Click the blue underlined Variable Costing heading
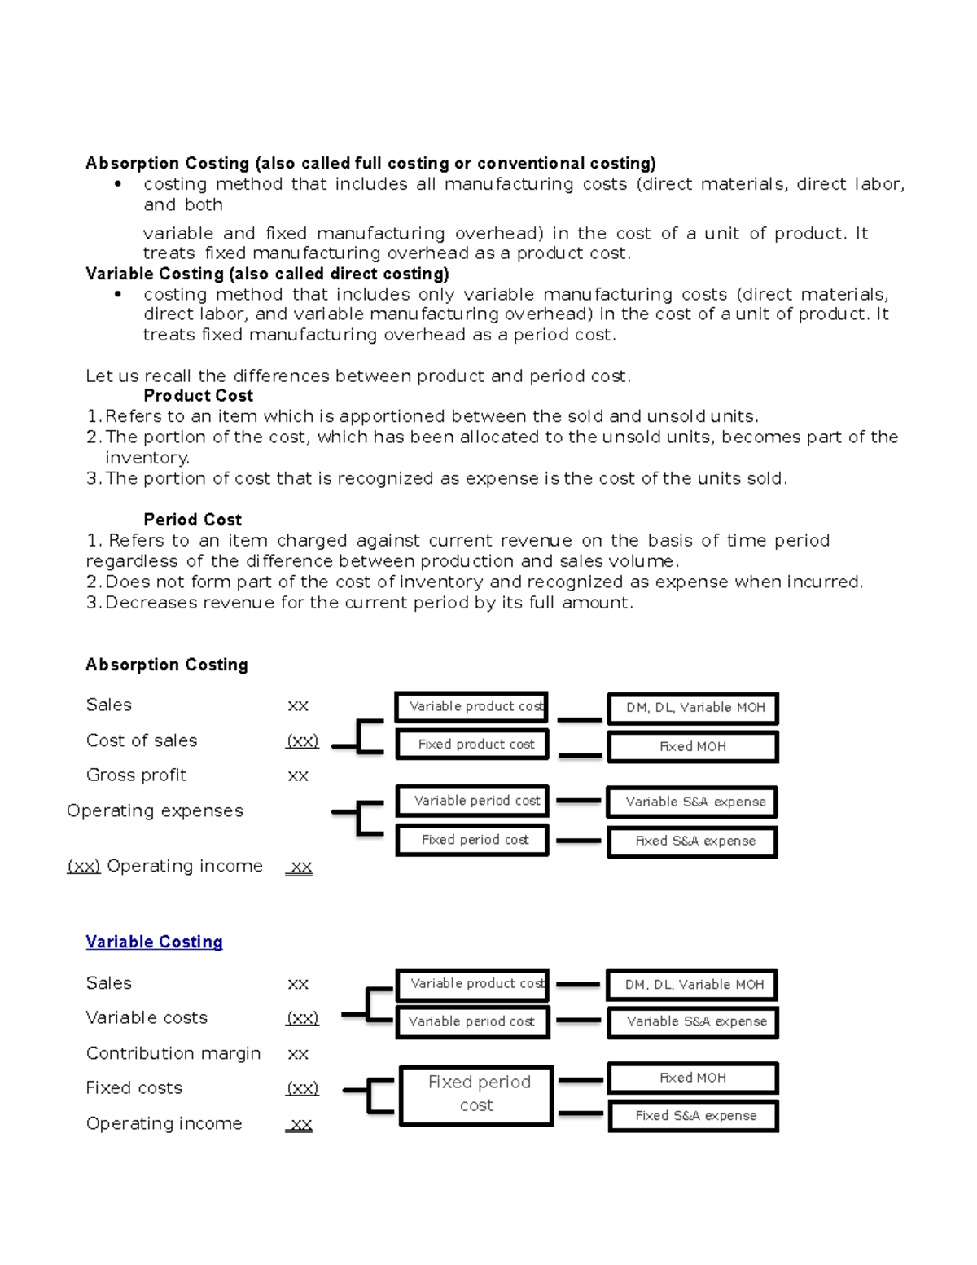click(x=154, y=942)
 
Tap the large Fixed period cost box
click(x=476, y=1094)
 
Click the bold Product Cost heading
click(x=198, y=396)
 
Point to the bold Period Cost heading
click(x=192, y=520)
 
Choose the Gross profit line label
click(x=136, y=775)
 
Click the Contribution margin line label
click(x=173, y=1053)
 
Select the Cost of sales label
click(x=142, y=740)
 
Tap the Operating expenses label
click(x=155, y=810)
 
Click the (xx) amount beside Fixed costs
click(x=302, y=1088)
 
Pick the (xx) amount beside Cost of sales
click(x=302, y=741)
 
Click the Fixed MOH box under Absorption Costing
click(x=693, y=747)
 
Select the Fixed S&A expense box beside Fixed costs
click(x=694, y=1116)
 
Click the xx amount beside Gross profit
click(x=298, y=776)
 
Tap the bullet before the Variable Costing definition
click(x=118, y=294)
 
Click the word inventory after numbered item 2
click(x=147, y=458)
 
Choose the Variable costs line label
click(x=147, y=1018)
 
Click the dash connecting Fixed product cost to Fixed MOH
click(x=580, y=755)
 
